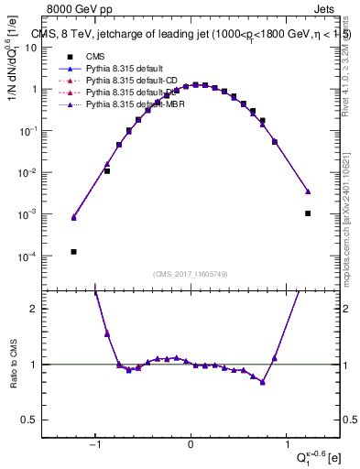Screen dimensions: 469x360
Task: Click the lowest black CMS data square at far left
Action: pyautogui.click(x=74, y=252)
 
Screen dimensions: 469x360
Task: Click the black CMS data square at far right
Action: pyautogui.click(x=308, y=213)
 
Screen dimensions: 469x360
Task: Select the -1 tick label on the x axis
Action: pyautogui.click(x=95, y=446)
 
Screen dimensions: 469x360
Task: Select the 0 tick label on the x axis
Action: pyautogui.click(x=191, y=446)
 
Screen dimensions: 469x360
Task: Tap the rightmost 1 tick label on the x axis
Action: pyautogui.click(x=284, y=446)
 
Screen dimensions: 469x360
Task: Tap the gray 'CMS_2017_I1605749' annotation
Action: pyautogui.click(x=190, y=275)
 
